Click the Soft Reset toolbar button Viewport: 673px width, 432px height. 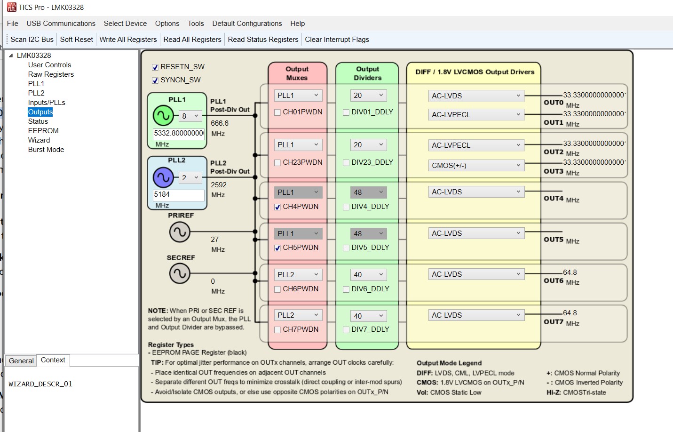(76, 40)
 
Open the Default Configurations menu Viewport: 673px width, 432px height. (247, 24)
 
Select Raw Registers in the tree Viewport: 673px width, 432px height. (51, 74)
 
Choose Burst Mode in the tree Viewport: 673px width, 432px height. (46, 150)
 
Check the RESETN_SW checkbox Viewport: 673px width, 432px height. (155, 67)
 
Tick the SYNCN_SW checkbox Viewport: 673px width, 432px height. (155, 80)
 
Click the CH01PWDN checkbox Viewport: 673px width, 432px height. (277, 112)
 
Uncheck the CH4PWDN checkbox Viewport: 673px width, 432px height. (277, 207)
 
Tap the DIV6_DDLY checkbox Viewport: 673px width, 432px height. (346, 289)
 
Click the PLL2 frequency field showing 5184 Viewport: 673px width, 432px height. (178, 194)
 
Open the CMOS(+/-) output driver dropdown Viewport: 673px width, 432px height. (476, 166)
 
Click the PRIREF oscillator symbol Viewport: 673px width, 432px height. (180, 232)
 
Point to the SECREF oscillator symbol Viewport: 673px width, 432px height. (180, 273)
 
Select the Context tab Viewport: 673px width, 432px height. (53, 360)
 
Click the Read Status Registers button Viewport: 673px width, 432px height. (263, 40)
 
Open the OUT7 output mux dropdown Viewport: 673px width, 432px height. (298, 315)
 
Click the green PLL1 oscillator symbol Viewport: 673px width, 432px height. (163, 115)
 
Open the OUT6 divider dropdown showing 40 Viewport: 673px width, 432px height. (368, 275)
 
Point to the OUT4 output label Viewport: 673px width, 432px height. (554, 199)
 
